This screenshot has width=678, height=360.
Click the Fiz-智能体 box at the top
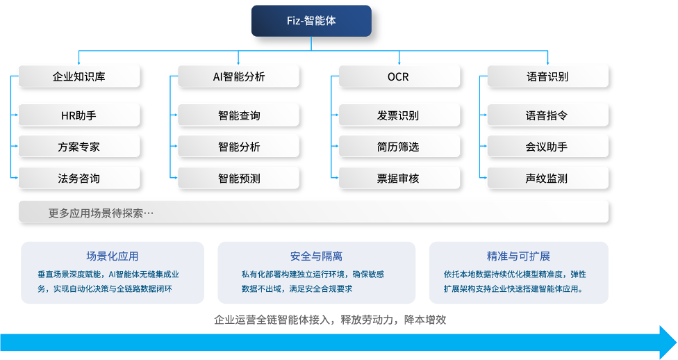point(311,21)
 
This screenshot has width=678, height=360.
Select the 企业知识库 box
point(78,76)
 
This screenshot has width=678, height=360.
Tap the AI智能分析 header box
point(238,76)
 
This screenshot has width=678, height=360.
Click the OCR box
point(399,76)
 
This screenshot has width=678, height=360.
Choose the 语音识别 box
point(547,76)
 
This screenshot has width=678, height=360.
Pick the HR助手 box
point(78,115)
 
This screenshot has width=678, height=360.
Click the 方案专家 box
point(78,147)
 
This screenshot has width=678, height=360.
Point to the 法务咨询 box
point(78,178)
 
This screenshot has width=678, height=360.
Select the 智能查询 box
point(238,115)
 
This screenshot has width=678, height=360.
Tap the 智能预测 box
point(238,178)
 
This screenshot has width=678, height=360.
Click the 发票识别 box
point(399,115)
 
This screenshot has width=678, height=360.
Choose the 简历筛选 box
point(399,147)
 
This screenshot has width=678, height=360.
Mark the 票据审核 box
point(399,178)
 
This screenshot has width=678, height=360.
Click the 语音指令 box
point(547,115)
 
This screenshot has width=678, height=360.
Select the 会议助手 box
point(547,147)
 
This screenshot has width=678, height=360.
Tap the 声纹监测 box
point(547,178)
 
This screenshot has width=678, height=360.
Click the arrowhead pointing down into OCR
point(399,62)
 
